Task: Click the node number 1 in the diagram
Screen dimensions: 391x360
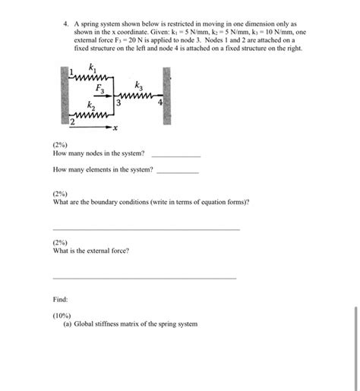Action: (71, 72)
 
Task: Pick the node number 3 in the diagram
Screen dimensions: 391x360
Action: (118, 103)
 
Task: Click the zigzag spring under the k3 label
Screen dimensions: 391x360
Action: (140, 96)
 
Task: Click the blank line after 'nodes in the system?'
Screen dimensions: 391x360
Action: (176, 155)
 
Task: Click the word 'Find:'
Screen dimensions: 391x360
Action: (61, 298)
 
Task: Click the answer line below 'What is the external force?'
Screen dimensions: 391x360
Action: (144, 278)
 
